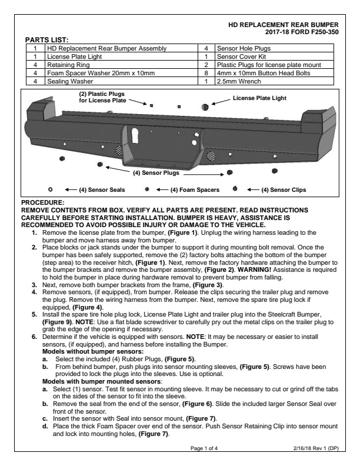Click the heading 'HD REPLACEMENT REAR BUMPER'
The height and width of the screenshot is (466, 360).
tap(287, 25)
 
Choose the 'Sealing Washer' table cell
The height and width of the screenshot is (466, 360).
tap(68, 81)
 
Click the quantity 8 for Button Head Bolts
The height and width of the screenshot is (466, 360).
tap(206, 72)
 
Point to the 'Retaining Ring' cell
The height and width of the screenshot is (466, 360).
tap(65, 64)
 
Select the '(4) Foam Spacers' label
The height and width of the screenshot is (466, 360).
tap(195, 189)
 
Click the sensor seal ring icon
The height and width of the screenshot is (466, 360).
tap(51, 189)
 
